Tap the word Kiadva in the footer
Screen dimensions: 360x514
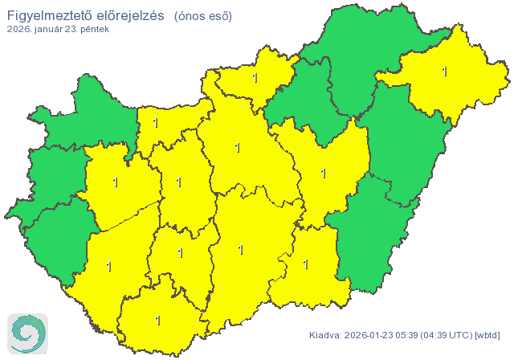[x=325, y=334]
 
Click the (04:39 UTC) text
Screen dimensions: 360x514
[x=447, y=334]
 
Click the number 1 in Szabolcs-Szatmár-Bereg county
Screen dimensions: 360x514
[x=444, y=72]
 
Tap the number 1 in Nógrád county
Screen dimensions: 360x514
[x=255, y=78]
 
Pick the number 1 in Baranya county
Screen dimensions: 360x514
[x=157, y=321]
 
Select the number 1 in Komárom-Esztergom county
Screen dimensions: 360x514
[x=155, y=123]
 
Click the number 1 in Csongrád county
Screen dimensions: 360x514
[x=305, y=264]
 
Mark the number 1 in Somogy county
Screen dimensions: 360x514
[x=108, y=266]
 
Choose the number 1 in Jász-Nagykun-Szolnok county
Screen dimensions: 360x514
[x=324, y=173]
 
